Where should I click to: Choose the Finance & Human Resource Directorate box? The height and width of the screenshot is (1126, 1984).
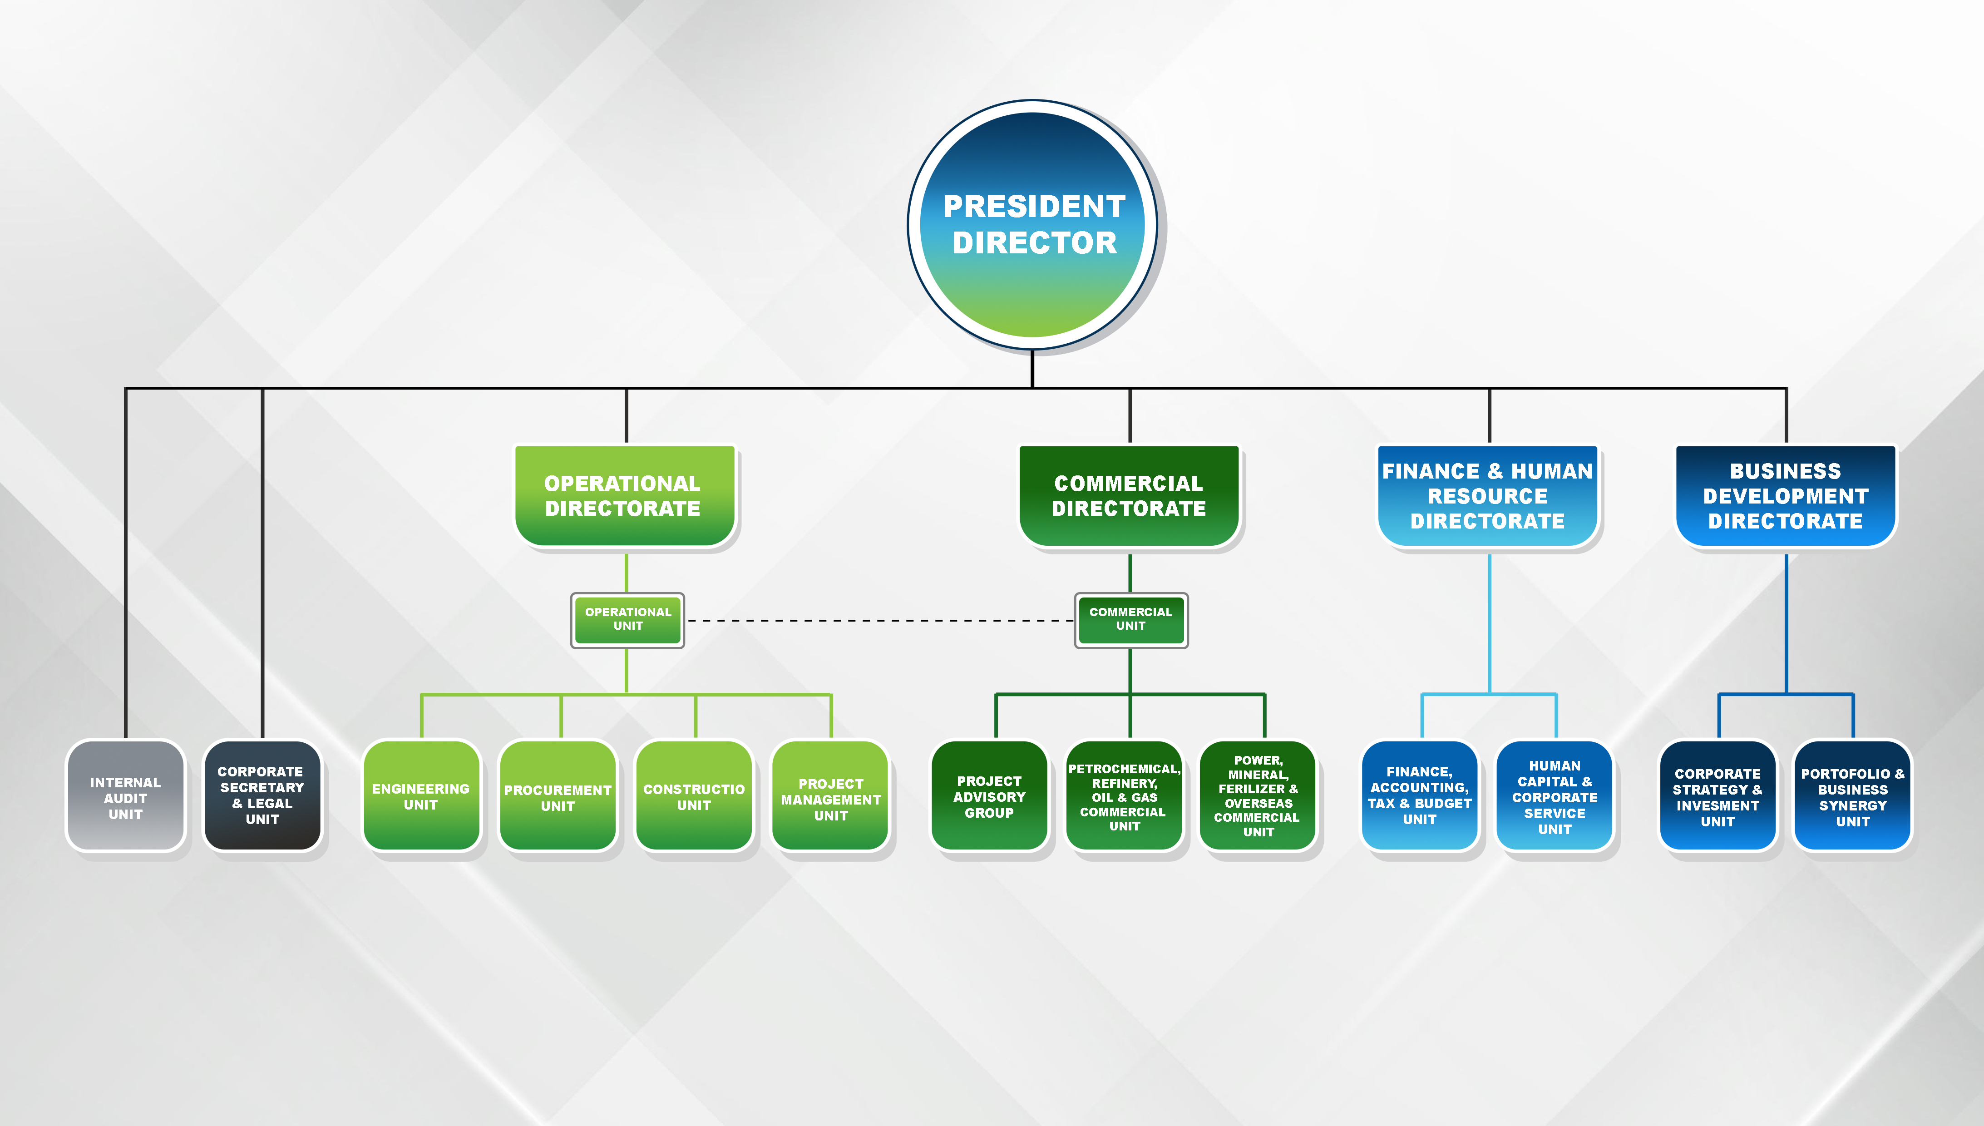[x=1488, y=496]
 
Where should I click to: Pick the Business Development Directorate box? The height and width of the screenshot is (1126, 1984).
[x=1786, y=496]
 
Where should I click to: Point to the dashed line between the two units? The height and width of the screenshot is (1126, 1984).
[x=880, y=620]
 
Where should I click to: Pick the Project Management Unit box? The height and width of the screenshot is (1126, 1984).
[x=831, y=796]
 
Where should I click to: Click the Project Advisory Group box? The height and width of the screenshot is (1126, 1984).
[x=990, y=796]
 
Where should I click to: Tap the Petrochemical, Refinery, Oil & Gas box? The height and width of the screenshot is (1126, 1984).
[x=1124, y=796]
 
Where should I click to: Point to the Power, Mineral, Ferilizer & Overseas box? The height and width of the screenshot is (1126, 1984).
[x=1258, y=796]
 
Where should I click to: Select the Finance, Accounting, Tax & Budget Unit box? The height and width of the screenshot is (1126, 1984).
[x=1420, y=796]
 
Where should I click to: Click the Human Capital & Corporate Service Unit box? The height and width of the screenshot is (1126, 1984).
[x=1555, y=796]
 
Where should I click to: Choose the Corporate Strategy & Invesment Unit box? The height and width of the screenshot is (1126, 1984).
[x=1718, y=796]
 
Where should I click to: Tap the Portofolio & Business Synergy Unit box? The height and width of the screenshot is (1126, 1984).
[x=1853, y=796]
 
